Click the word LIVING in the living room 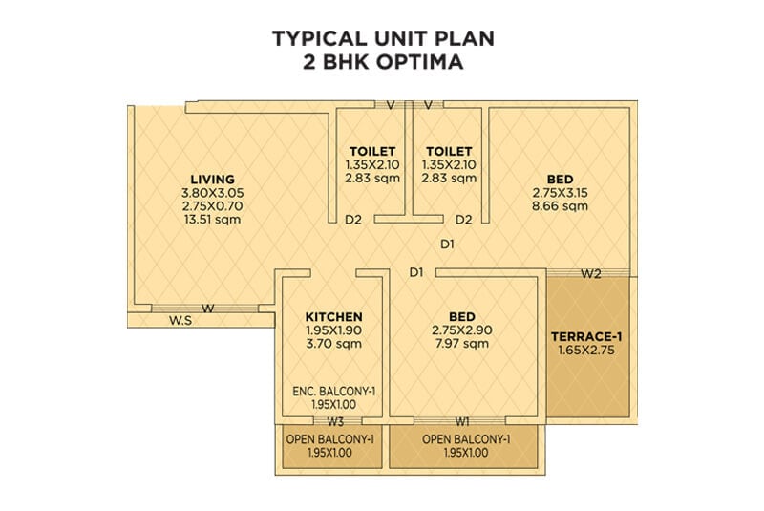click(x=212, y=179)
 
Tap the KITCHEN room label click(x=333, y=317)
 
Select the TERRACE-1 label click(x=587, y=336)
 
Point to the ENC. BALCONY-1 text click(x=333, y=391)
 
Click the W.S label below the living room click(x=181, y=321)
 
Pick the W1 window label click(x=462, y=421)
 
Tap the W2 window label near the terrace click(x=591, y=274)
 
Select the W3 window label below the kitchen click(x=334, y=421)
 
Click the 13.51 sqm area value click(x=212, y=219)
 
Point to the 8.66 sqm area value click(x=560, y=205)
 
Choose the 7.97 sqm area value click(x=462, y=344)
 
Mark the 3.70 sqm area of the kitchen click(x=333, y=344)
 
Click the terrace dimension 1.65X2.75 click(x=587, y=351)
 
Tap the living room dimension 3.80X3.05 click(x=212, y=192)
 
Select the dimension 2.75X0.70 click(x=212, y=205)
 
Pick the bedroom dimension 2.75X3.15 click(x=560, y=192)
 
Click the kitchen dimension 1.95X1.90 click(x=333, y=330)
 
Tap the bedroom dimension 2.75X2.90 click(x=462, y=330)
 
